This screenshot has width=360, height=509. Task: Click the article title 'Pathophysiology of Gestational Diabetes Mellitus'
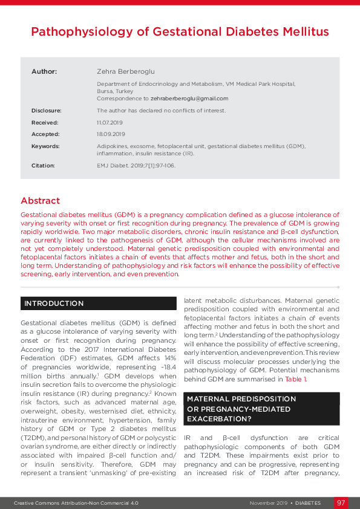pos(180,31)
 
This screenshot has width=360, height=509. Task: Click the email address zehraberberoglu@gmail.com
pos(189,99)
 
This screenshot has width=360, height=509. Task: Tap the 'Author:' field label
pos(44,72)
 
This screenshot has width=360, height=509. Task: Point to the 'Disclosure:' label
pos(47,111)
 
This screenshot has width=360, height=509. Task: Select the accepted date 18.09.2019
pos(111,134)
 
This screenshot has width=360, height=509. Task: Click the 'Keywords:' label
pos(45,146)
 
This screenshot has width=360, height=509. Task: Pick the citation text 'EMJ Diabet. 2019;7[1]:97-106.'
pos(136,165)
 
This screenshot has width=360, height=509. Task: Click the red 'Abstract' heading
pos(41,201)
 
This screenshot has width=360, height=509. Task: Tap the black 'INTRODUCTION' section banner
pos(54,303)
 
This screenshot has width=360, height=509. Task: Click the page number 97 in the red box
pos(341,503)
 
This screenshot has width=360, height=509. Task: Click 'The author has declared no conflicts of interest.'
pos(161,111)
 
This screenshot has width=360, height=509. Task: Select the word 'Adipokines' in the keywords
pos(112,146)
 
